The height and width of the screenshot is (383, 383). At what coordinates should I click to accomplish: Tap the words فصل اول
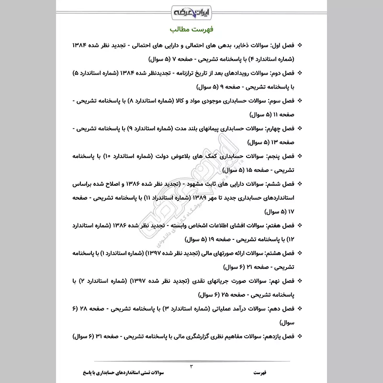coord(281,45)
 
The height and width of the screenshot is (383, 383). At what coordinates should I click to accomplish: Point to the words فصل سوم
coord(281,101)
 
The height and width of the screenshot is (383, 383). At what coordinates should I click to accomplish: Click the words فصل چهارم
coord(279,129)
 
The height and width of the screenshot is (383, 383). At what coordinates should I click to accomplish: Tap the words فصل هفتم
coord(280,225)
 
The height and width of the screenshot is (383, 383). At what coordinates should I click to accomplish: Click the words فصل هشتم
coord(279,253)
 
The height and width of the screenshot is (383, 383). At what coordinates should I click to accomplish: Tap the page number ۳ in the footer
coord(191,366)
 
